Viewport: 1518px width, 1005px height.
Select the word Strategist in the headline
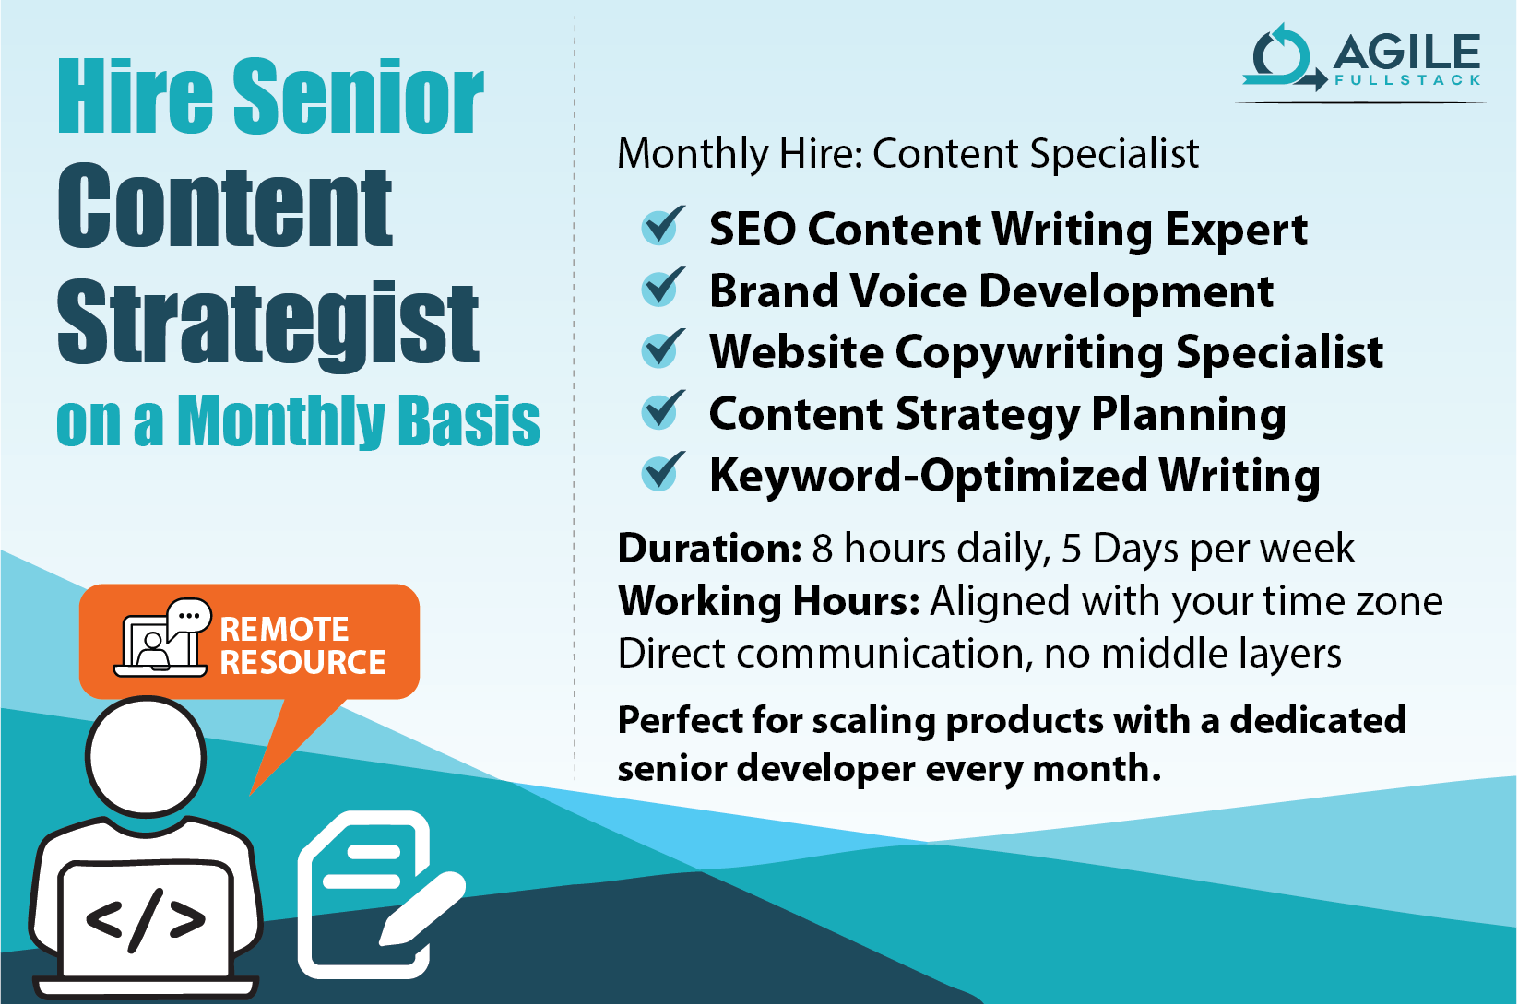point(267,323)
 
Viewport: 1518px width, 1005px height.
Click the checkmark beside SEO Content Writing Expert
point(662,226)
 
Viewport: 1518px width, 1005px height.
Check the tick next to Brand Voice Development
point(662,288)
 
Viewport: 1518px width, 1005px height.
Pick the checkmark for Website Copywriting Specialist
point(662,349)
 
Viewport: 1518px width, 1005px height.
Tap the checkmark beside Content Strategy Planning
point(662,411)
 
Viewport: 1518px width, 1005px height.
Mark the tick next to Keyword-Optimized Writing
point(662,473)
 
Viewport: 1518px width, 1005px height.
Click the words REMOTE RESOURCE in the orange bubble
point(302,645)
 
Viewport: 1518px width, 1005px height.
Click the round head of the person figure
point(146,756)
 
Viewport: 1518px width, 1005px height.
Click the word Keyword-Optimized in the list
point(928,476)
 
